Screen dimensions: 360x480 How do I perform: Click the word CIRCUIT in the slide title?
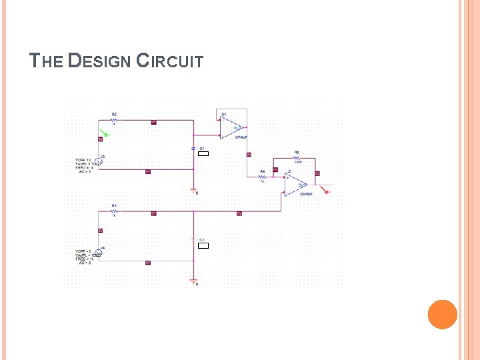click(x=169, y=61)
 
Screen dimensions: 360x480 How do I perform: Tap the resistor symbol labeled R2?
click(x=114, y=121)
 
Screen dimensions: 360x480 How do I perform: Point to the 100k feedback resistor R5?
click(x=297, y=158)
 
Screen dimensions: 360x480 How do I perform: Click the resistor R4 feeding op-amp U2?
click(x=263, y=177)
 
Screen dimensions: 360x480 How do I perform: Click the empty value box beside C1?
click(x=203, y=154)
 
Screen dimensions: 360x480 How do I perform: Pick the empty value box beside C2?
click(x=203, y=246)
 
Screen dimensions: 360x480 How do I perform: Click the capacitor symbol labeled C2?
click(x=193, y=239)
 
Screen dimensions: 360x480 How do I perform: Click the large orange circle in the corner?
click(x=442, y=314)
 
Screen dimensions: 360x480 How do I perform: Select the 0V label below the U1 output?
click(x=249, y=155)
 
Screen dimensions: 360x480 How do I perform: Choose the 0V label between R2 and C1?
click(x=153, y=122)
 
